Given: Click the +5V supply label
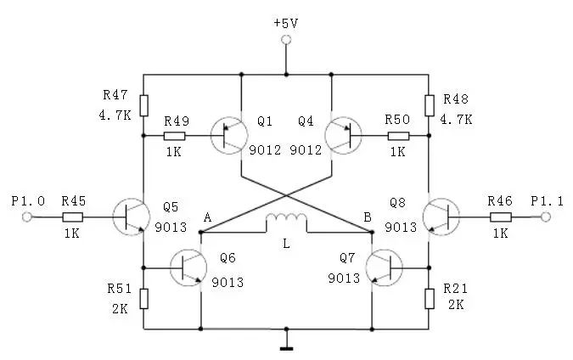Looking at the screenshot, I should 286,22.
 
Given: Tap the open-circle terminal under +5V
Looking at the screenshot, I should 286,40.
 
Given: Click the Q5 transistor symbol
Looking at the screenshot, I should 130,217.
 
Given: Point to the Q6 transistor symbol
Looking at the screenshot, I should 188,267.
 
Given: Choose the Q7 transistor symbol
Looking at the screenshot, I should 385,267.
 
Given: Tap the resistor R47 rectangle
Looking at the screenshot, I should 143,105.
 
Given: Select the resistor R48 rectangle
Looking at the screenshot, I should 430,105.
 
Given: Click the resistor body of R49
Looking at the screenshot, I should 175,136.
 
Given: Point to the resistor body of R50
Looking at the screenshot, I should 397,136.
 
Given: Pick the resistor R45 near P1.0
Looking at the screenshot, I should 72,217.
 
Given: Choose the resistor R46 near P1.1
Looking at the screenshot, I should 500,217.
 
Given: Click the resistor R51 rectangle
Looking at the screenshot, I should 143,297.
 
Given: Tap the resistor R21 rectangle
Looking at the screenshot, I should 430,297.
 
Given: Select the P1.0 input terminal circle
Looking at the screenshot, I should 27,217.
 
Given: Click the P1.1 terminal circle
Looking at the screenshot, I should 545,217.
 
